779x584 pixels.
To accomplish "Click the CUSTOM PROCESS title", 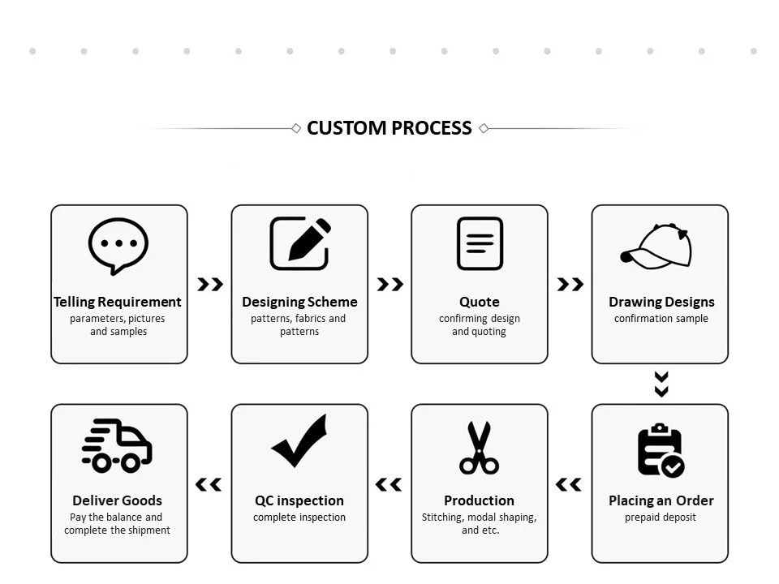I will click(x=389, y=128).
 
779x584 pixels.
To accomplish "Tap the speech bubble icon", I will click(x=118, y=245).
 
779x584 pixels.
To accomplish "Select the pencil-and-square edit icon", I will click(x=299, y=243).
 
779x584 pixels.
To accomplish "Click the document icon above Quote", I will click(x=480, y=243).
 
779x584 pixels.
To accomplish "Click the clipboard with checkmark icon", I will click(x=661, y=450).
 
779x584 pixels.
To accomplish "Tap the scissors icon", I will click(x=479, y=448).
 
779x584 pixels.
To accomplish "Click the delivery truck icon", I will click(x=117, y=445).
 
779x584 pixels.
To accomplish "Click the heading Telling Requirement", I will click(x=118, y=302).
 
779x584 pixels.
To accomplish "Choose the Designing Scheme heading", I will click(x=299, y=302).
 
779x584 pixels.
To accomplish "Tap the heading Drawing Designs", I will click(x=661, y=302).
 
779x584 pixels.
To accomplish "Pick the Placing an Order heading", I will click(x=661, y=500).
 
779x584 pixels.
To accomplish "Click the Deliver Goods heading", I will click(x=118, y=500).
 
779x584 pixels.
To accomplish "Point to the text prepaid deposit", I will click(x=661, y=517).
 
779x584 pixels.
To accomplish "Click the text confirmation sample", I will click(x=661, y=319).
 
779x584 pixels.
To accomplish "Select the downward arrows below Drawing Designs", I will click(x=661, y=384).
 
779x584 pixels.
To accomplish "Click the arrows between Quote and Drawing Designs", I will click(x=570, y=284).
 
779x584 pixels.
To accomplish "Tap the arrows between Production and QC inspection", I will click(x=389, y=484).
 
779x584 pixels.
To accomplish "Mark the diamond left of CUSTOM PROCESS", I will click(x=296, y=128).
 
